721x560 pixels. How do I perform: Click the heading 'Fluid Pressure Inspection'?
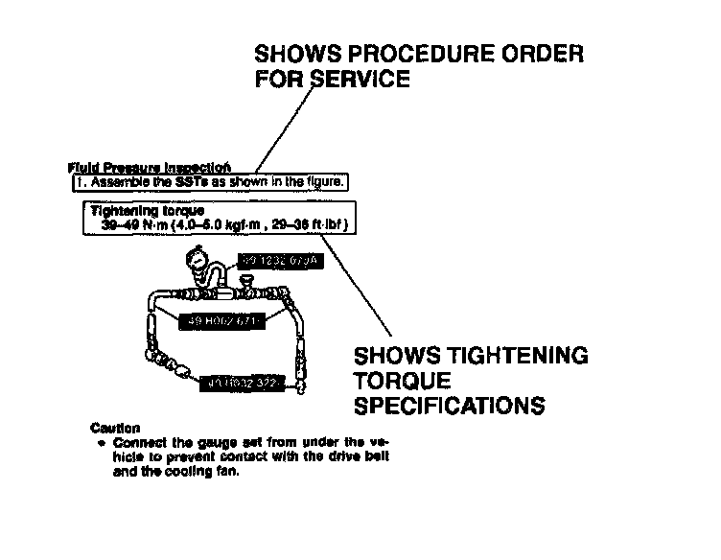tap(149, 167)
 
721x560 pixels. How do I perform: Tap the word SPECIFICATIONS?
tap(450, 406)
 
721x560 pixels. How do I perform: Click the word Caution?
tap(114, 427)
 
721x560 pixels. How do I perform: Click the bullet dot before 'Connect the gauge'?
tap(102, 443)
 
